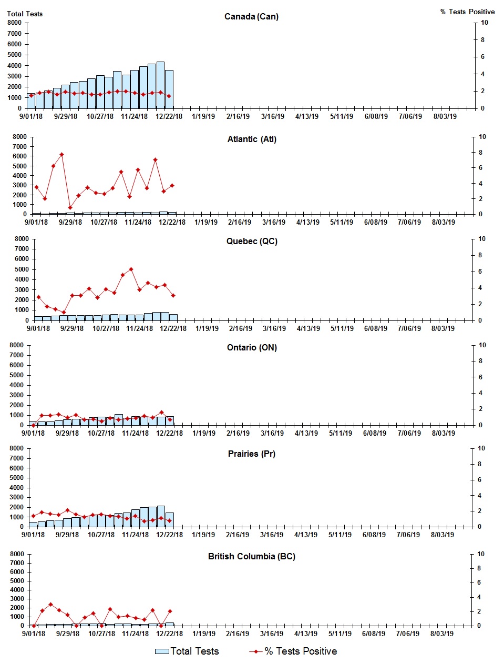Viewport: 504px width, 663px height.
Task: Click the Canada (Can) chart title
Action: click(251, 17)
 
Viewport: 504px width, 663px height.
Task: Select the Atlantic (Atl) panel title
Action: click(252, 139)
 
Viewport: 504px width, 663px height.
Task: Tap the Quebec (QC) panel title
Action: click(252, 242)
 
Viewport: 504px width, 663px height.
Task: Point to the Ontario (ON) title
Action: click(252, 348)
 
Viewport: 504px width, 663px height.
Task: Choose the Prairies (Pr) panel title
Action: click(251, 454)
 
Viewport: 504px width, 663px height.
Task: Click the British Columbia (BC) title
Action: click(251, 557)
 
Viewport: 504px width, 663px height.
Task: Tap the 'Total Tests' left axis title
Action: click(25, 14)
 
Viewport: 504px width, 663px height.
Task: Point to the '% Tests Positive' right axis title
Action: click(467, 12)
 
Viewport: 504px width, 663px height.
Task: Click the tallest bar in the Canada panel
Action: click(160, 84)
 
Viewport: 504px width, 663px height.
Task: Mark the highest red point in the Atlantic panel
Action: click(61, 155)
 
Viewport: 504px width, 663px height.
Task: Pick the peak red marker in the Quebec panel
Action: click(131, 269)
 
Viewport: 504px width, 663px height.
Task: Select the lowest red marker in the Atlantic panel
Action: click(70, 208)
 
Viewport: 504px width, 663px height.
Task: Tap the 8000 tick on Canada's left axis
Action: click(15, 23)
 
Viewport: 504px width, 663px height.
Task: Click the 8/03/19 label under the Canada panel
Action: click(445, 117)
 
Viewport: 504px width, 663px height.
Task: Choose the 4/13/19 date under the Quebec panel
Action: click(308, 329)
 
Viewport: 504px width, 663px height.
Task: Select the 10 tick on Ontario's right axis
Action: click(482, 345)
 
